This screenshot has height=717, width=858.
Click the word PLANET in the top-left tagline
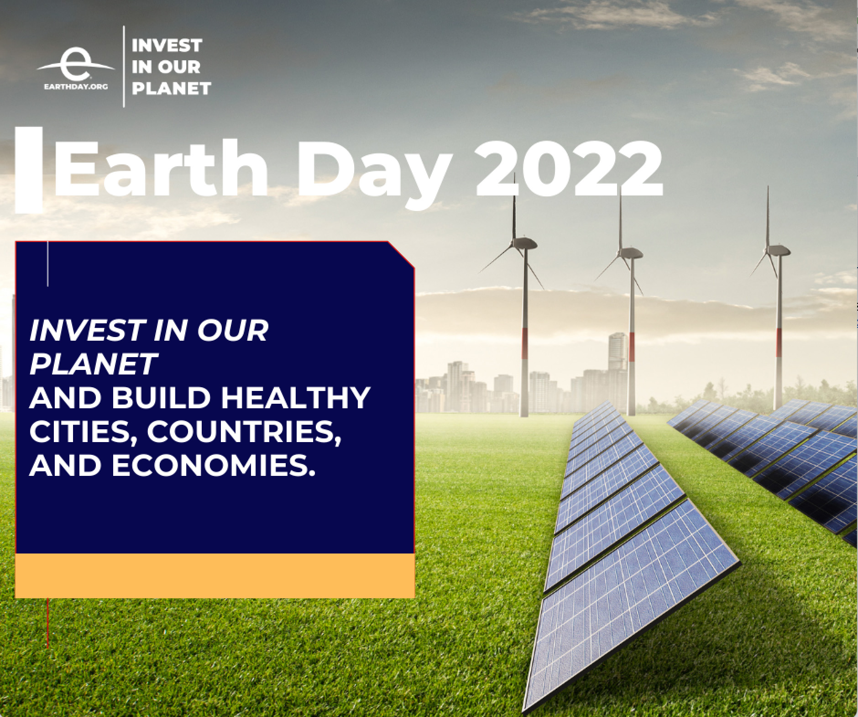171,88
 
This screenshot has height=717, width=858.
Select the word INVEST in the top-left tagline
167,46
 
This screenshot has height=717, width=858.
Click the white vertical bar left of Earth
29,169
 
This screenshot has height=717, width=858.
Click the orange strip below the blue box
215,575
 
